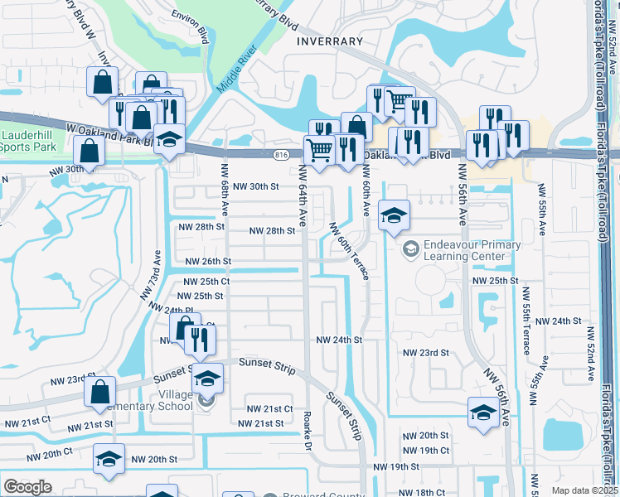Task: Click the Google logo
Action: point(27,487)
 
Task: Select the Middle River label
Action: point(232,74)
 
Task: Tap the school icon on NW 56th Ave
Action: point(483,412)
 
